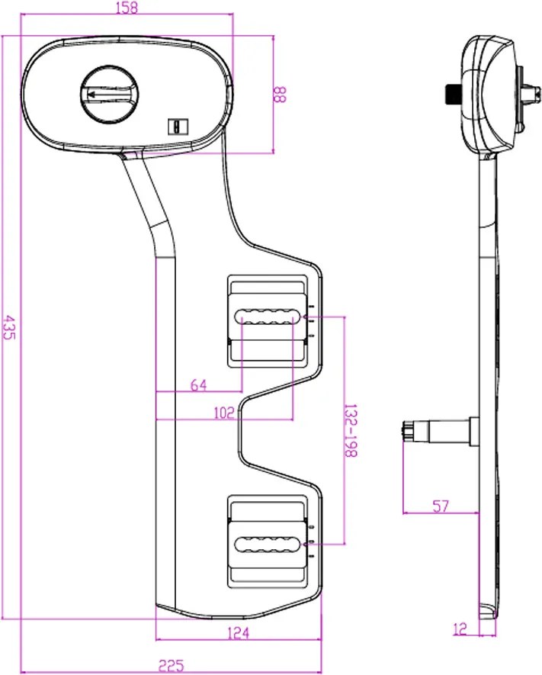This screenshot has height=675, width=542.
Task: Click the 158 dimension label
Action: tap(127, 8)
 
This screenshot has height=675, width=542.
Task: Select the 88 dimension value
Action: tap(279, 95)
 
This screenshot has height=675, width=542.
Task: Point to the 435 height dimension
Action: tap(9, 328)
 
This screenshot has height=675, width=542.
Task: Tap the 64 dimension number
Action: tap(198, 385)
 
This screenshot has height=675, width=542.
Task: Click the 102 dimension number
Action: tap(224, 413)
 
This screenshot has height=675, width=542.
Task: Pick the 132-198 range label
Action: tap(351, 430)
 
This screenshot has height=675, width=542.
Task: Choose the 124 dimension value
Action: tap(238, 633)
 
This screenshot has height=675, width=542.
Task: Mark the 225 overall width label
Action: tap(172, 666)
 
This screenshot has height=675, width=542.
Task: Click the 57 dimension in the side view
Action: tap(441, 506)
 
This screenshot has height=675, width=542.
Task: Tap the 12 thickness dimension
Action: tap(460, 629)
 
